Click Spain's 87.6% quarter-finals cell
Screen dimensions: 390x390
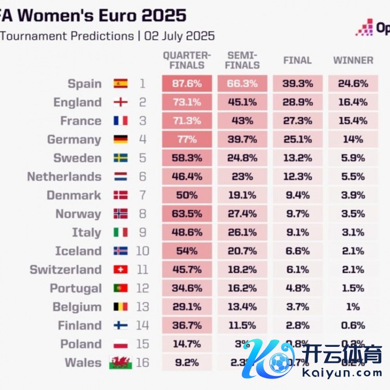point(187,84)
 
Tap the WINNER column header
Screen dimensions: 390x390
point(353,60)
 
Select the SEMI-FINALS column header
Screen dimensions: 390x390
point(242,60)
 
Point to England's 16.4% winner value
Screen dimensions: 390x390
point(353,102)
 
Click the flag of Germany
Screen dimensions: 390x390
point(121,139)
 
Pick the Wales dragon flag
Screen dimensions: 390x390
point(121,362)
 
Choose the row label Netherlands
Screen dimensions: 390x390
point(64,177)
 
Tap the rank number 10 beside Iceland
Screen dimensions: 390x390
point(142,251)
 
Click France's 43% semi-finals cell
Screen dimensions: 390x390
point(242,121)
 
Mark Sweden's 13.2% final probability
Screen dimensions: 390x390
point(297,158)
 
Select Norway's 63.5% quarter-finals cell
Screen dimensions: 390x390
point(187,214)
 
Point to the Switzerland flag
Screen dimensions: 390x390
point(121,270)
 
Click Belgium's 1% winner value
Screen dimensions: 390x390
point(353,307)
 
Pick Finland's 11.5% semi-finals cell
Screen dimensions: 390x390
point(242,326)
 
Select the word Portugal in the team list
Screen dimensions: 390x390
point(75,288)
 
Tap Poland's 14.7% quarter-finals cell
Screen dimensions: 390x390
point(187,344)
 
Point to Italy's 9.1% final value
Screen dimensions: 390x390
point(297,232)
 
